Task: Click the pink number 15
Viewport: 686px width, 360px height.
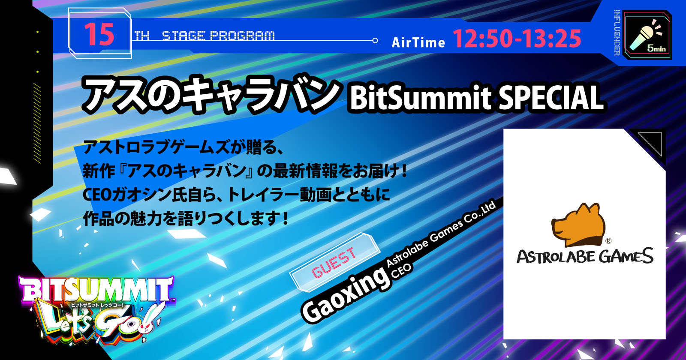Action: [99, 34]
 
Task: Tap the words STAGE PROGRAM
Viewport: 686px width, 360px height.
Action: [218, 36]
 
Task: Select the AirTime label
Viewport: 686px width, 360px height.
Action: [418, 42]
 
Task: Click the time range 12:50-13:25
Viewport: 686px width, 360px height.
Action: [517, 39]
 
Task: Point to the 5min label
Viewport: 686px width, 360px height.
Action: [656, 48]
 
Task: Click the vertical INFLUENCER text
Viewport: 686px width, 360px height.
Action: [617, 33]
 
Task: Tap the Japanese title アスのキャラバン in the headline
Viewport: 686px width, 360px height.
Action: [211, 94]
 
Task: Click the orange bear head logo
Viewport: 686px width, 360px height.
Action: [578, 225]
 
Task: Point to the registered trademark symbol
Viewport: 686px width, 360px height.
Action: [608, 241]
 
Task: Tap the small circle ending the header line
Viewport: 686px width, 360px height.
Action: [375, 40]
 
